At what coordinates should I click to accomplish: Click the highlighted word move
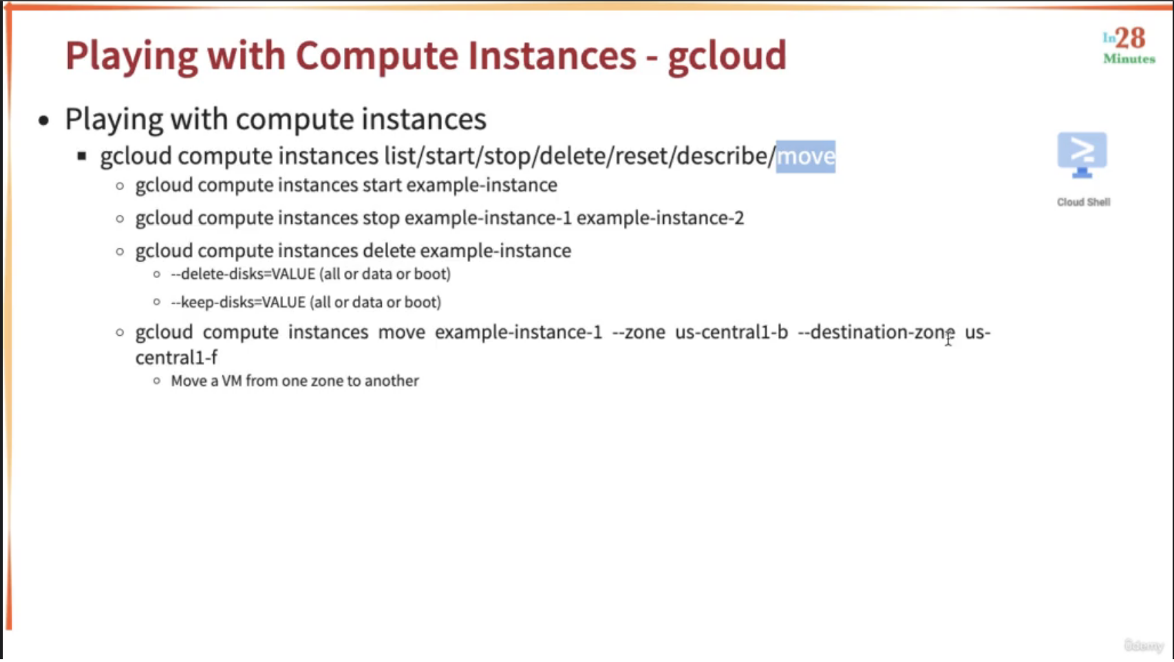pos(806,156)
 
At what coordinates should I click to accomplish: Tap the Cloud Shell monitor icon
pos(1082,155)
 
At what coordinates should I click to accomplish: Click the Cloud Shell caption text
pos(1083,202)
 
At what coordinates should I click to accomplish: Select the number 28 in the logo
pos(1131,39)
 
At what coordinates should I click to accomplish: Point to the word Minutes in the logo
pos(1129,58)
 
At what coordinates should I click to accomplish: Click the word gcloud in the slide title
pos(727,56)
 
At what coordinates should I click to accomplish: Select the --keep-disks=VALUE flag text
pos(239,302)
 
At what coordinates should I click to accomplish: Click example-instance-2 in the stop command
pos(661,218)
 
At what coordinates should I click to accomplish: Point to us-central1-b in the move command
pos(732,332)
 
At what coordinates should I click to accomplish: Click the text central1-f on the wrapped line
pos(176,358)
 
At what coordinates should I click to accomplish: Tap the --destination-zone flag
pos(876,332)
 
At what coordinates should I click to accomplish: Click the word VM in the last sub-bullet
pos(231,381)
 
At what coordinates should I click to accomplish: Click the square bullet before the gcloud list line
pos(82,156)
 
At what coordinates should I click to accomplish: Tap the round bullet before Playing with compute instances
pos(44,120)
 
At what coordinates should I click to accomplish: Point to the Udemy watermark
pos(1144,645)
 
